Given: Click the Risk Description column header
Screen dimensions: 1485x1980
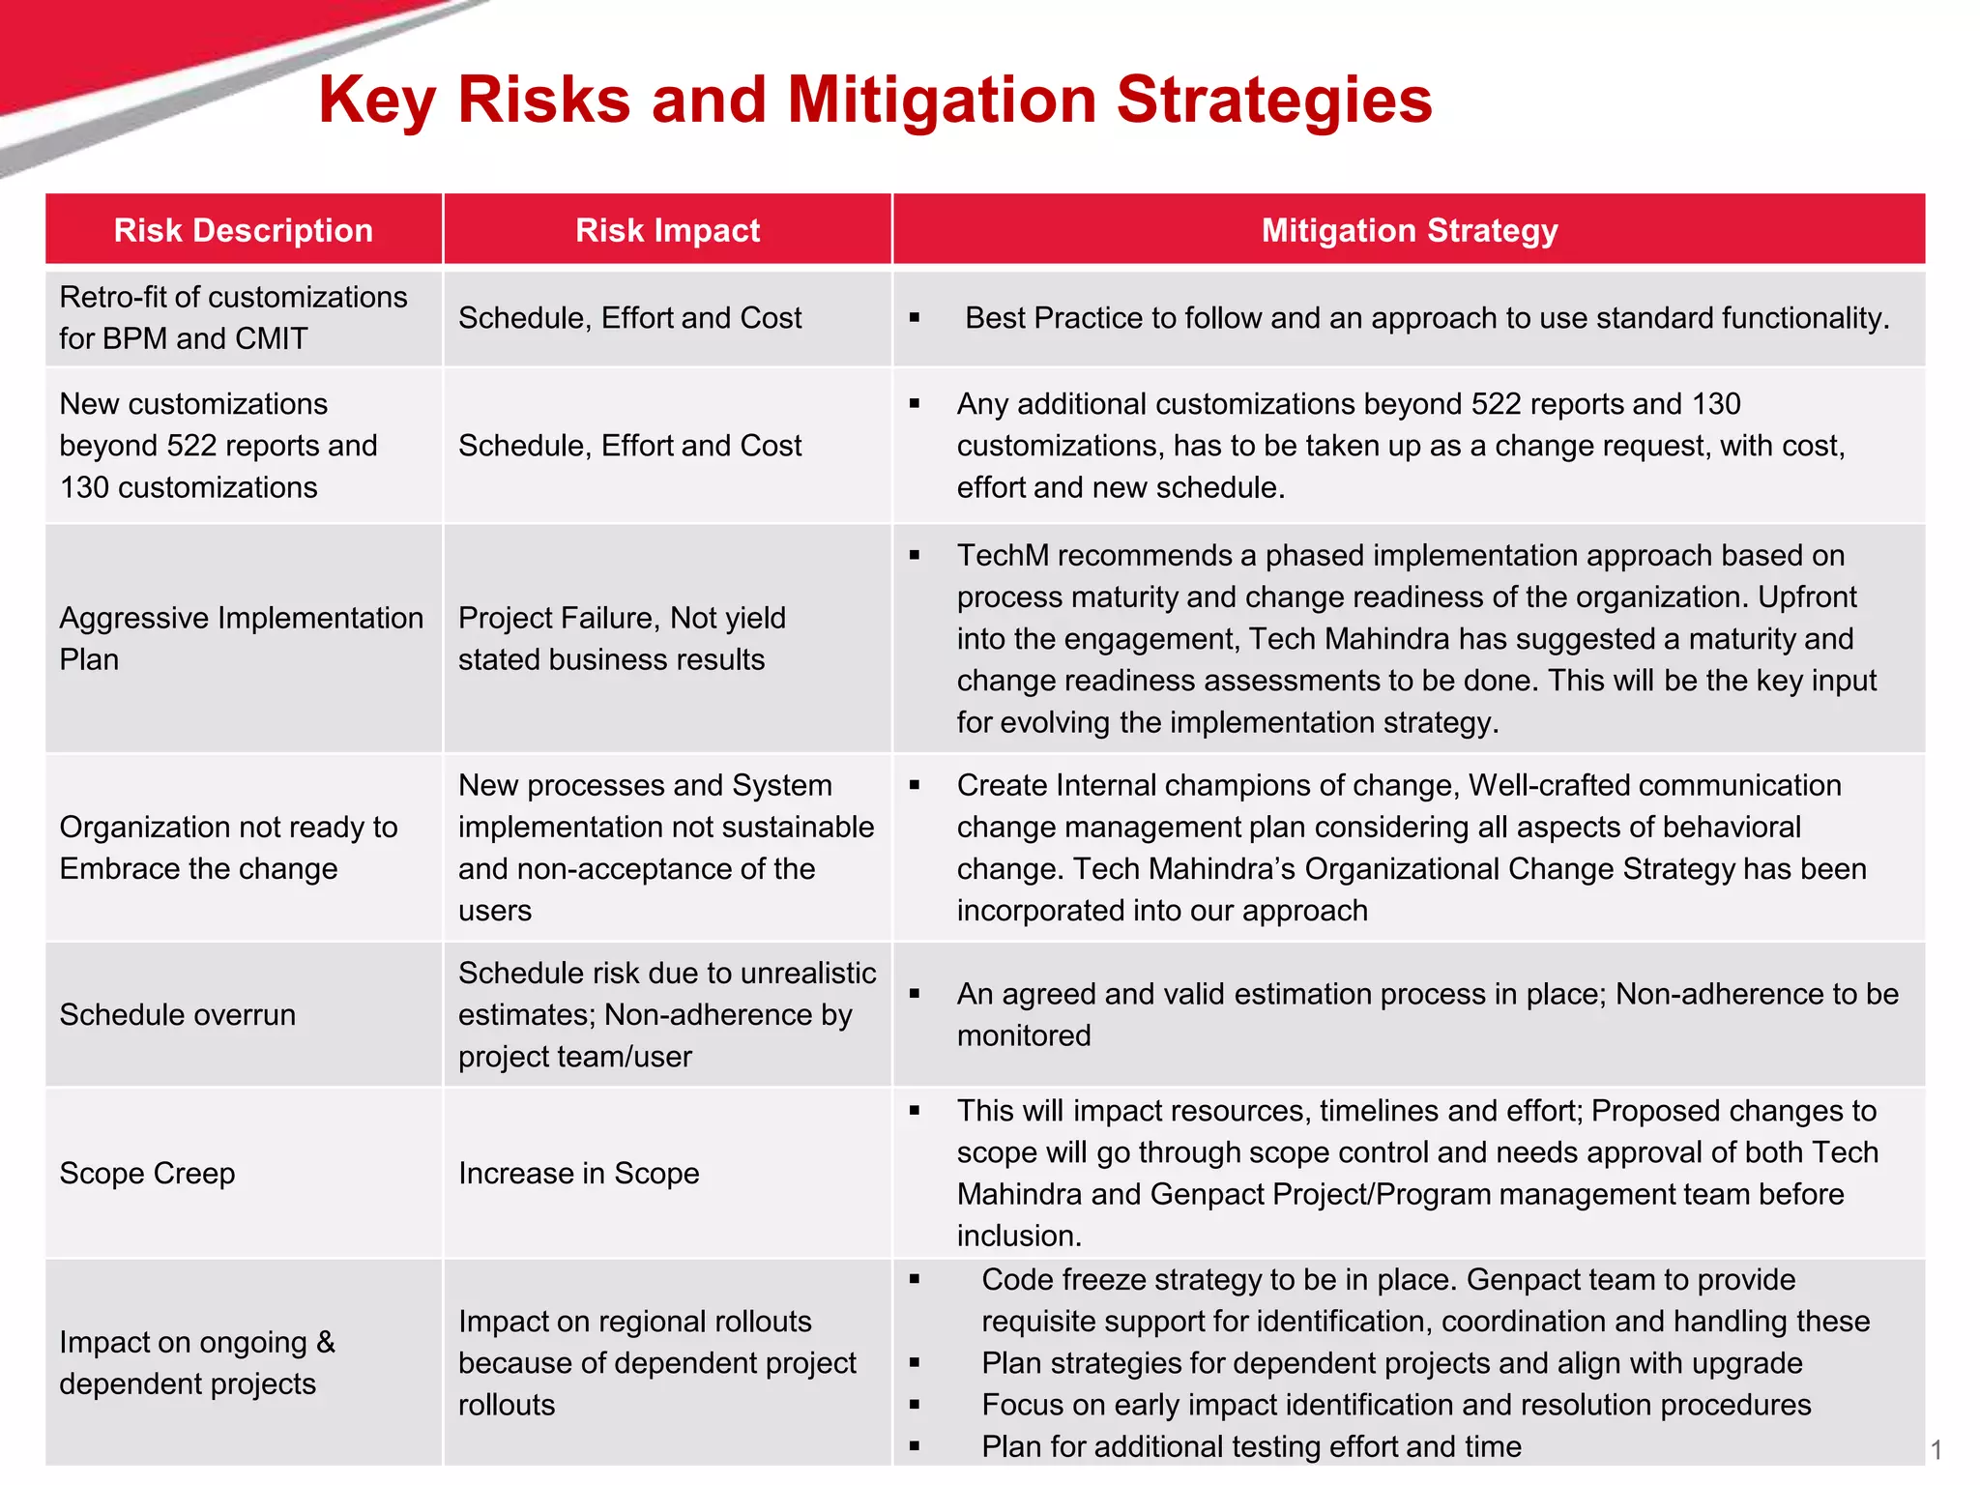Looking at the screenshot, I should click(244, 230).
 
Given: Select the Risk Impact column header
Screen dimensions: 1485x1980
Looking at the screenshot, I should click(667, 230).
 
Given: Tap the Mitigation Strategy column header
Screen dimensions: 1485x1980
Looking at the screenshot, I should click(1409, 230).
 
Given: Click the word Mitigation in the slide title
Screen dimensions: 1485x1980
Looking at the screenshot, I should click(941, 100).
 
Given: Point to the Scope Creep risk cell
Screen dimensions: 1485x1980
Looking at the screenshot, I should click(147, 1173).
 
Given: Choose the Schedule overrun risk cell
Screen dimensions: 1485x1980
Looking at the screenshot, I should click(178, 1014).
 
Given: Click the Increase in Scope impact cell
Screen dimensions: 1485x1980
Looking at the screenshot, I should click(578, 1173).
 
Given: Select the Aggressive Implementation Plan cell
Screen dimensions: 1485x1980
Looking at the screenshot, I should click(242, 638).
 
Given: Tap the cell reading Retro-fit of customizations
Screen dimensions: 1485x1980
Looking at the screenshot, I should click(233, 317).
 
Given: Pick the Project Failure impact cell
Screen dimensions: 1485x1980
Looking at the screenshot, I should click(622, 638).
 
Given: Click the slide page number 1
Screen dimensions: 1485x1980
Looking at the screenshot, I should click(1936, 1449).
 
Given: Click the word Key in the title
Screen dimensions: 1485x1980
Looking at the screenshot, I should click(376, 100).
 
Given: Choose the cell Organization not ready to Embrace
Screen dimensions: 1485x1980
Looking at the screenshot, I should click(228, 848).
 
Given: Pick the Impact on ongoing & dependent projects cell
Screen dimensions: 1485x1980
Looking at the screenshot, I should click(197, 1362).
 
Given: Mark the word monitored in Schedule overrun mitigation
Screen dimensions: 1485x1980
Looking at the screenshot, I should click(1024, 1035).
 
